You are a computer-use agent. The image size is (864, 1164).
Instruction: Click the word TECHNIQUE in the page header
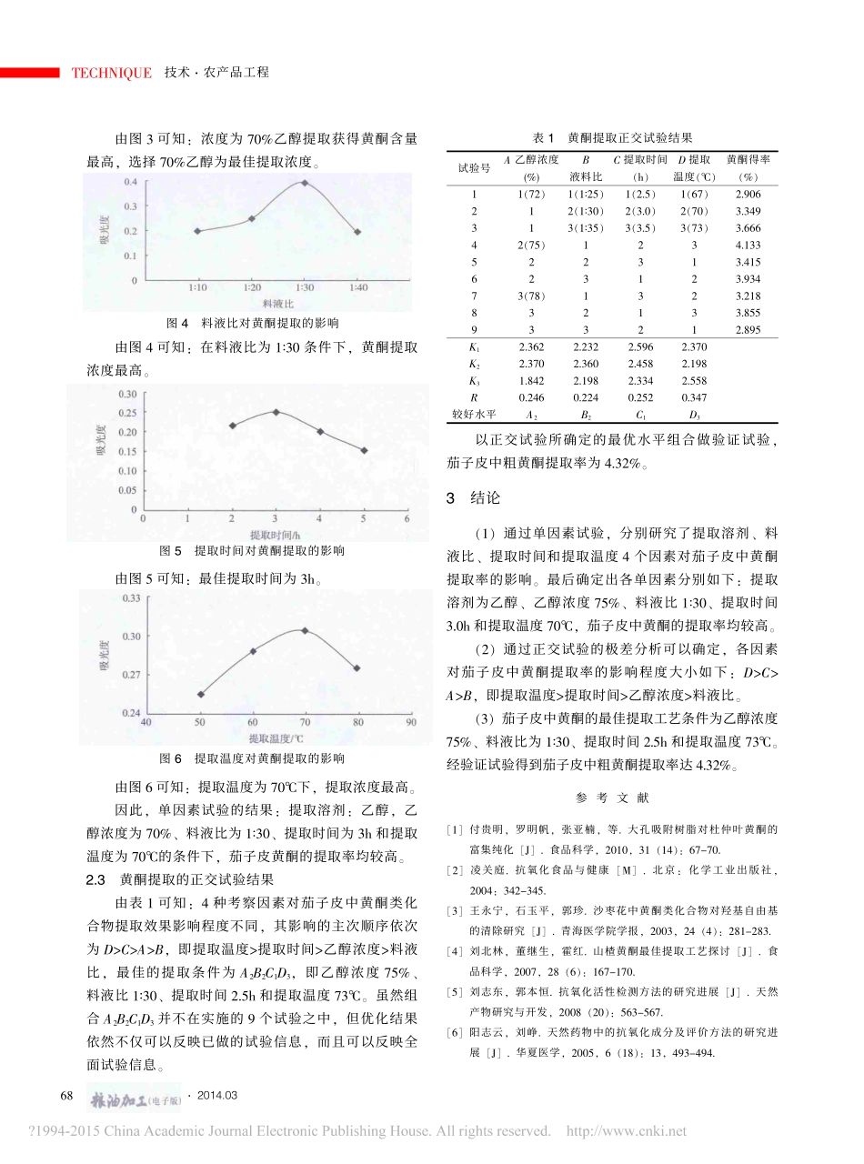click(112, 73)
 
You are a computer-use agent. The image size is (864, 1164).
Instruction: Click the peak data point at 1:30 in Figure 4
click(304, 182)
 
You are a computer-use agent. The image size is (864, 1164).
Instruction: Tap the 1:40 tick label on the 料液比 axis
click(357, 287)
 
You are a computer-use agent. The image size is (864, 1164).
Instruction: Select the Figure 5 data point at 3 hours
click(276, 412)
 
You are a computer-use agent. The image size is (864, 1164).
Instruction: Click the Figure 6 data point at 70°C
click(304, 630)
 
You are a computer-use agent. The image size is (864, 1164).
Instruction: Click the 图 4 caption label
click(178, 322)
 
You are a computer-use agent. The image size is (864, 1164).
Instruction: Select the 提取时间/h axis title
click(275, 534)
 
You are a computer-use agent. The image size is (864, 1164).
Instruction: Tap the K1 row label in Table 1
click(473, 346)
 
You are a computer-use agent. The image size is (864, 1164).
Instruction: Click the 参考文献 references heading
click(613, 798)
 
